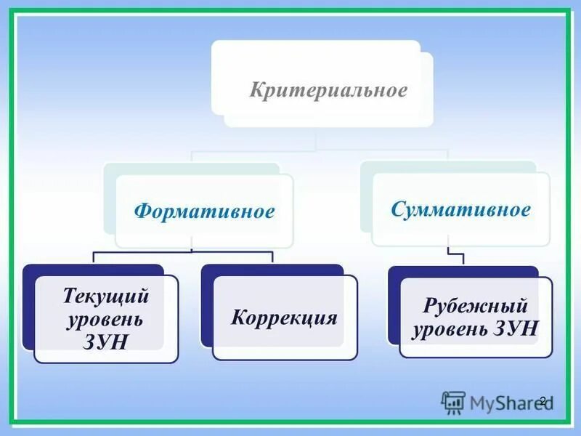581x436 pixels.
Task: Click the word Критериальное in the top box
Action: [328, 92]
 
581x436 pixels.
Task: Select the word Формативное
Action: [204, 211]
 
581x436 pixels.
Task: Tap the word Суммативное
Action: [460, 211]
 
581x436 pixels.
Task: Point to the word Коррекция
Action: [284, 318]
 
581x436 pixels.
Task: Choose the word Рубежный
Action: [475, 306]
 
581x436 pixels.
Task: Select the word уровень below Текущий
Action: [105, 319]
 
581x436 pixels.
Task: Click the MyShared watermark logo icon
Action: [453, 402]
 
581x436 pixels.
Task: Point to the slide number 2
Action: [543, 400]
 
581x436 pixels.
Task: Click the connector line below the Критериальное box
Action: [317, 140]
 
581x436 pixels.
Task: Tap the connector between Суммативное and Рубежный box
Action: [458, 257]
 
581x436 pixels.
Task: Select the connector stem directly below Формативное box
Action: [191, 245]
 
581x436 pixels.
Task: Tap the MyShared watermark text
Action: [508, 402]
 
